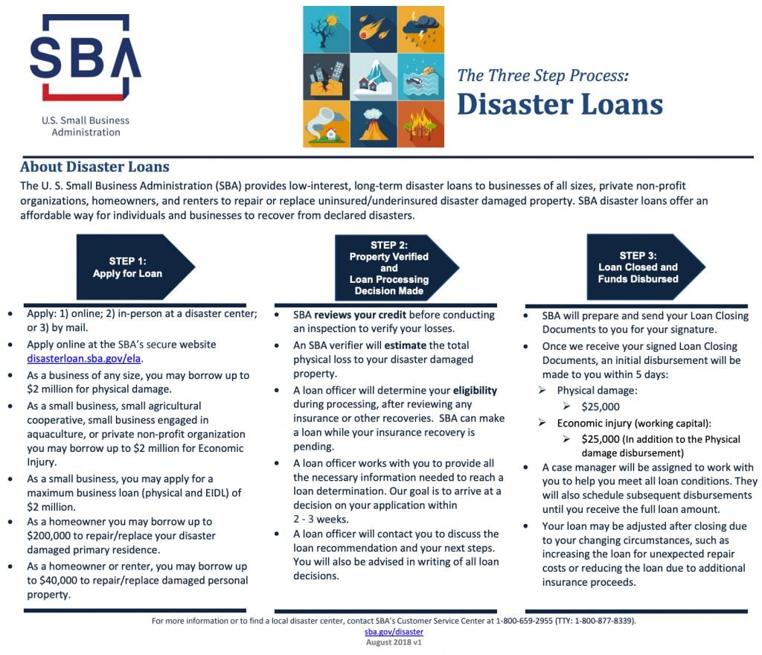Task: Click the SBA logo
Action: tap(85, 58)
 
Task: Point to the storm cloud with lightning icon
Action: tap(420, 29)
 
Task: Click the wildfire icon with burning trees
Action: tap(420, 124)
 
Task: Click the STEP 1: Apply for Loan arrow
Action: tap(135, 267)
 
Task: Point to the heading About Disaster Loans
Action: tap(95, 167)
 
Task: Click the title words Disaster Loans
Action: tap(559, 104)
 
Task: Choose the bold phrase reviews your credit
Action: tap(360, 315)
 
